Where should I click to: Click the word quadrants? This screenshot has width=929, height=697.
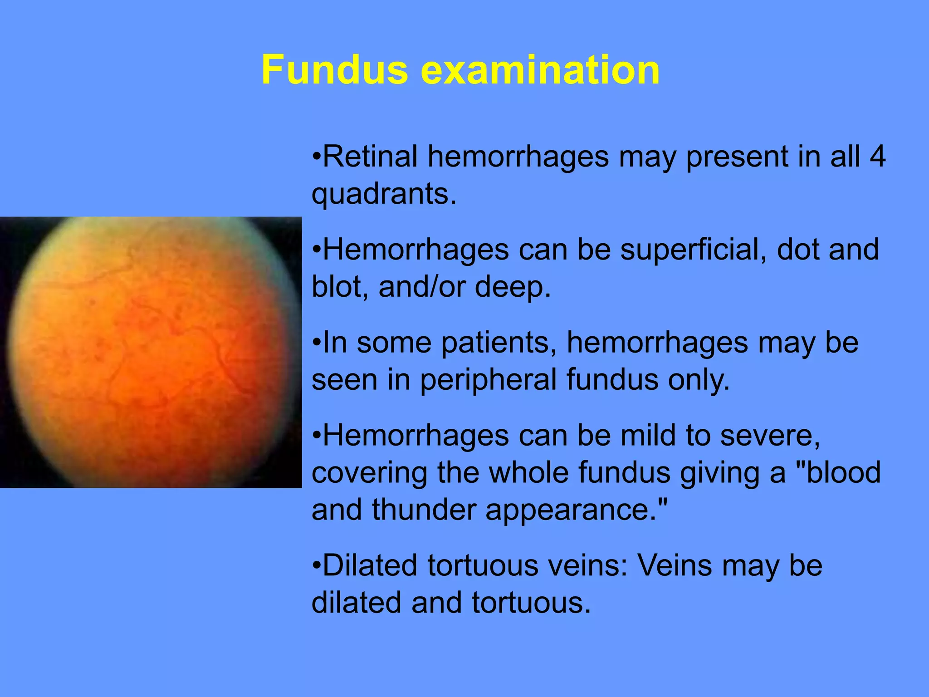(383, 194)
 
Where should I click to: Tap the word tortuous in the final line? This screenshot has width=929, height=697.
(531, 603)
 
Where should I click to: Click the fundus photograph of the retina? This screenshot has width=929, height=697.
(151, 352)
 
